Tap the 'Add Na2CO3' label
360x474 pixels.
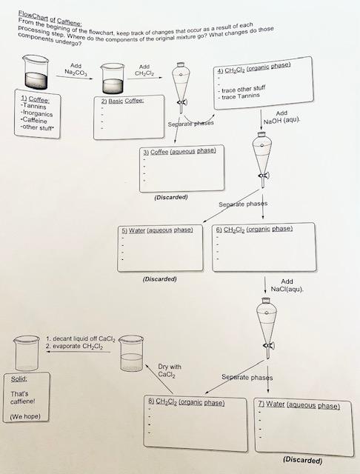[75, 71]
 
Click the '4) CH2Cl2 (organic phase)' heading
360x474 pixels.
[252, 70]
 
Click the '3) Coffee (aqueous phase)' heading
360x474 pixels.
[182, 151]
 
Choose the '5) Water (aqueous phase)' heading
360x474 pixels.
[156, 230]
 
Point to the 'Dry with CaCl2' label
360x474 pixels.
[170, 370]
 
